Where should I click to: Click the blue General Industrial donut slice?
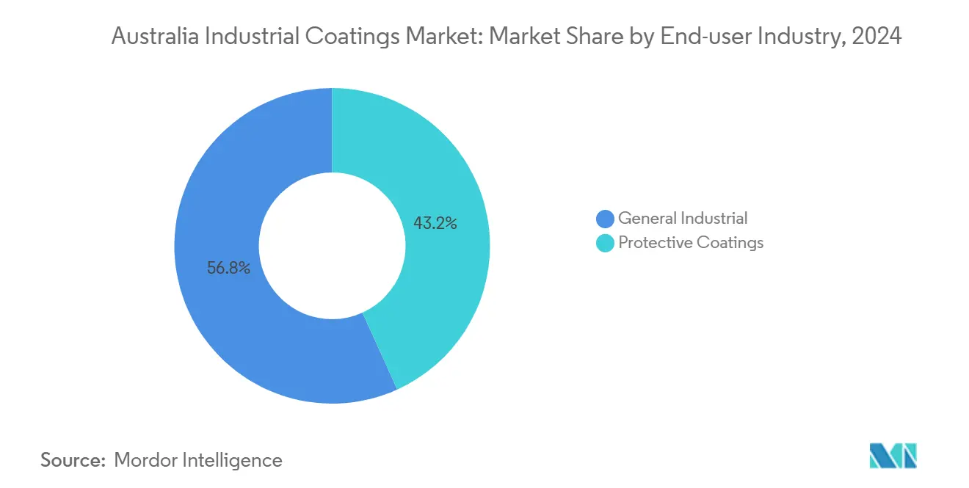coord(220,308)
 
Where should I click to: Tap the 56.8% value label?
coord(228,269)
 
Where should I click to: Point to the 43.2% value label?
coord(435,224)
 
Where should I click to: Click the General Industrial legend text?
coord(683,218)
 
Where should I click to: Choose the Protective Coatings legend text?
coord(691,243)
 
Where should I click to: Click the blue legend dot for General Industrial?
coord(606,219)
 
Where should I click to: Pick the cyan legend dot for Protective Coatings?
coord(606,243)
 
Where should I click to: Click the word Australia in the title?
coord(150,37)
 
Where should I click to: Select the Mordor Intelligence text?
coord(198,460)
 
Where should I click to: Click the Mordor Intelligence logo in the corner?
coord(893,456)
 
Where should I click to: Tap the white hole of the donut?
coord(332,246)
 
